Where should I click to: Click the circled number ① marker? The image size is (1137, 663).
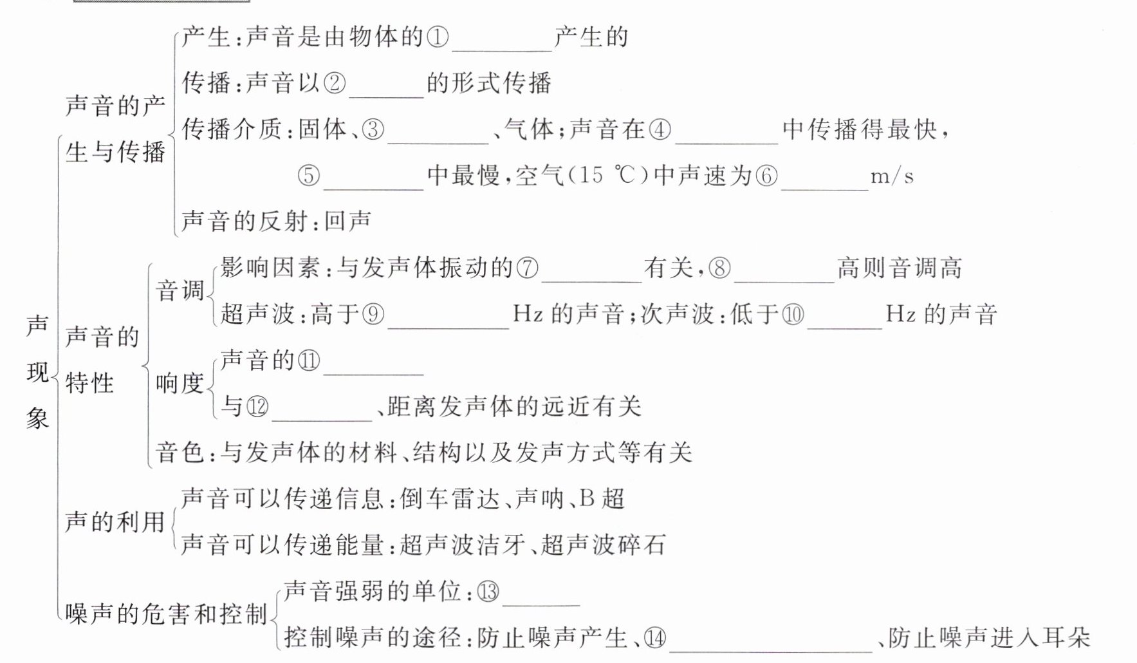(x=438, y=37)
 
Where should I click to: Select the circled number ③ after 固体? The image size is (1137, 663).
(x=373, y=129)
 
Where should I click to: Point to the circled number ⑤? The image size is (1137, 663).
(x=309, y=175)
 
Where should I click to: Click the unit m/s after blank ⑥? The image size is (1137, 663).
(x=892, y=176)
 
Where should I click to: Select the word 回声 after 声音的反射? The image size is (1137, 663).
(x=347, y=221)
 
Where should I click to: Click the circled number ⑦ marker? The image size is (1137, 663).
(x=527, y=267)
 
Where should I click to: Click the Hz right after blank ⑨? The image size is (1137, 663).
(x=528, y=313)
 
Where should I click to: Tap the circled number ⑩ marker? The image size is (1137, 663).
(x=793, y=313)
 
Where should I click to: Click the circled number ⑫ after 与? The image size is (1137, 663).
(x=257, y=406)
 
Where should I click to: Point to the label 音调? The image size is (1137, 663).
(x=180, y=290)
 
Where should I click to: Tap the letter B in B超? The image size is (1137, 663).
(x=587, y=498)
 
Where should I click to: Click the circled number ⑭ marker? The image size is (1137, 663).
(x=655, y=637)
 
